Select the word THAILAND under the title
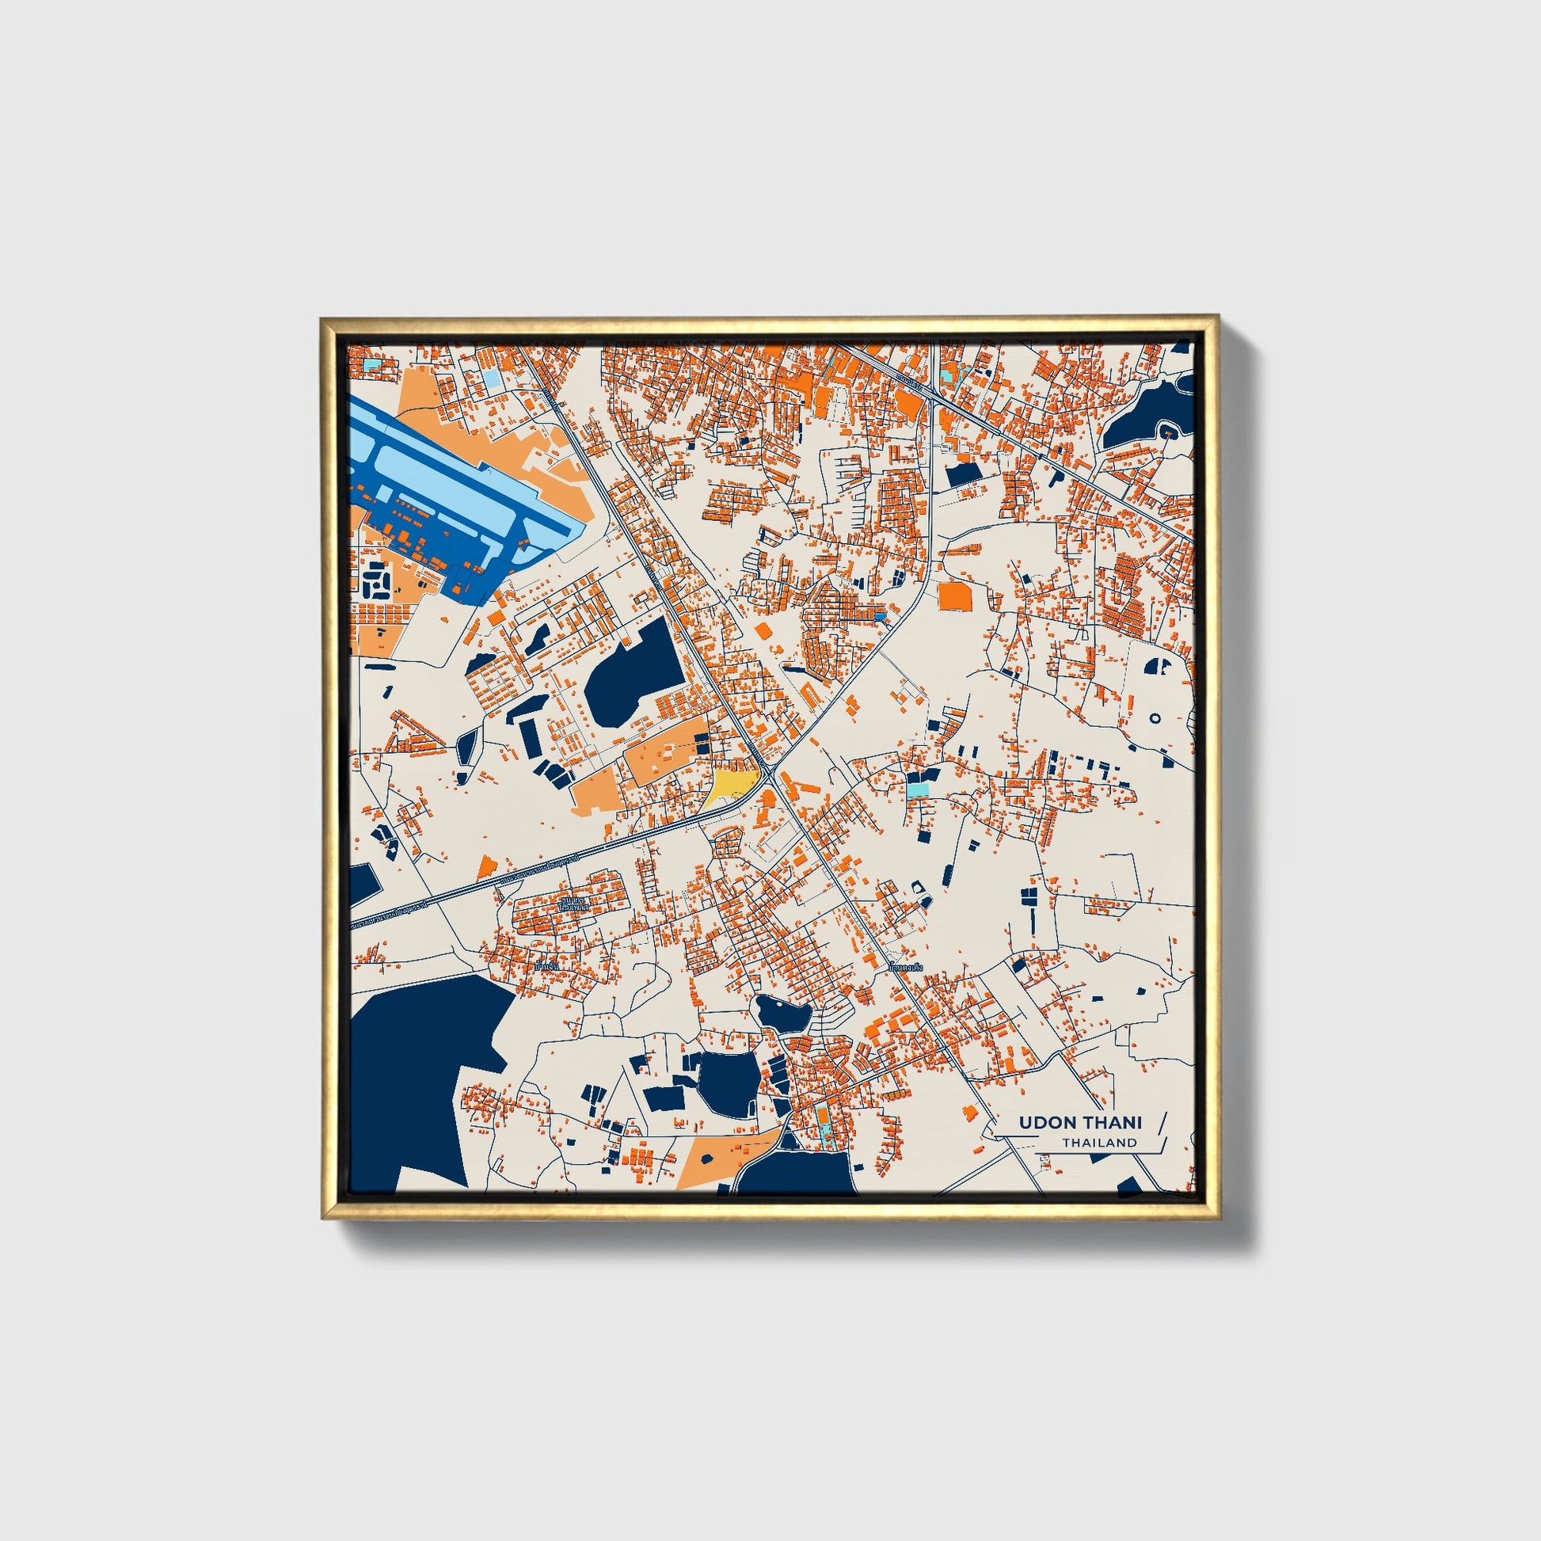click(1098, 1142)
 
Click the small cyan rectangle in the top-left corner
click(371, 365)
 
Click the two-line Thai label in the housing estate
click(573, 904)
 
